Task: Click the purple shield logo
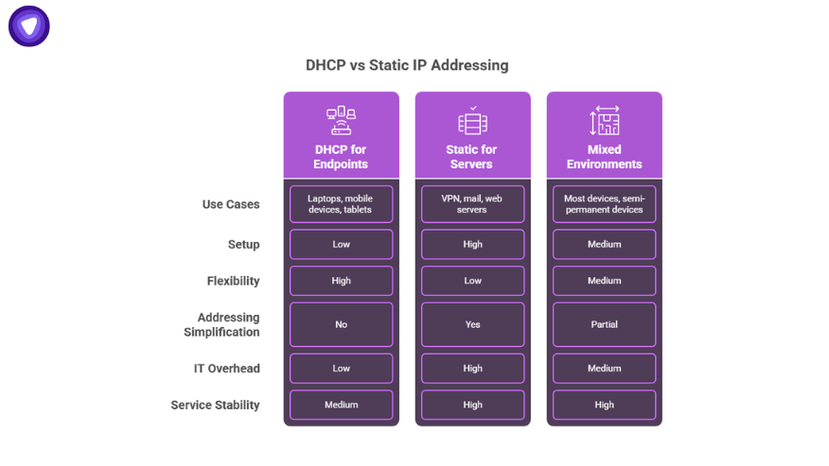tap(29, 26)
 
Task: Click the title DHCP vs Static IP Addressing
tap(407, 65)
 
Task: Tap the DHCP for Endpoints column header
tap(341, 157)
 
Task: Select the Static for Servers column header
tap(471, 157)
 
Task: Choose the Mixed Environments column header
tap(605, 157)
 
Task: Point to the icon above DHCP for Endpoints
tap(341, 120)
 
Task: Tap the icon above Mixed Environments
tap(605, 120)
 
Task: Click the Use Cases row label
tap(231, 204)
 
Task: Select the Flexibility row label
tap(233, 281)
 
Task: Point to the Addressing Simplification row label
tap(221, 324)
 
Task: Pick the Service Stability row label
tap(215, 406)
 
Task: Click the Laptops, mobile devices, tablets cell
tap(341, 204)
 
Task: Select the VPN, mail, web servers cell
tap(472, 204)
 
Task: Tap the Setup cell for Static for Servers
tap(472, 244)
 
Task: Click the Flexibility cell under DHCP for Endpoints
tap(341, 281)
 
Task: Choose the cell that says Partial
tap(605, 324)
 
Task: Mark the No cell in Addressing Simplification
tap(341, 324)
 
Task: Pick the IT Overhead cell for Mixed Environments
tap(605, 369)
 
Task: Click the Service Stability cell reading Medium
tap(341, 405)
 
